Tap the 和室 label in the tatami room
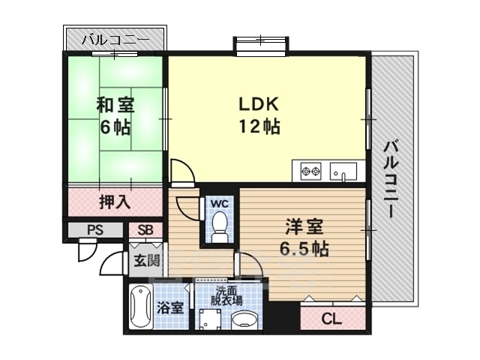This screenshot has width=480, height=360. [x=115, y=105]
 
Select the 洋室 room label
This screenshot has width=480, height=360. [x=305, y=226]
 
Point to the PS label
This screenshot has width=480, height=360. [x=94, y=230]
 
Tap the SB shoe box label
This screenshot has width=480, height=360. [x=145, y=230]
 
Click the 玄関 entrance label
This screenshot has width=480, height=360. [x=146, y=261]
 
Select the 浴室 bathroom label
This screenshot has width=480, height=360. [x=169, y=307]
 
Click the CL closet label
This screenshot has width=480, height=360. [x=331, y=319]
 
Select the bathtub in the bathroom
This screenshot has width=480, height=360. [x=140, y=307]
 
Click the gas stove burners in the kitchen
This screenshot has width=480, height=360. [x=310, y=172]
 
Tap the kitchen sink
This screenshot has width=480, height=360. [x=344, y=172]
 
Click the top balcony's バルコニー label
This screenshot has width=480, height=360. [x=115, y=39]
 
